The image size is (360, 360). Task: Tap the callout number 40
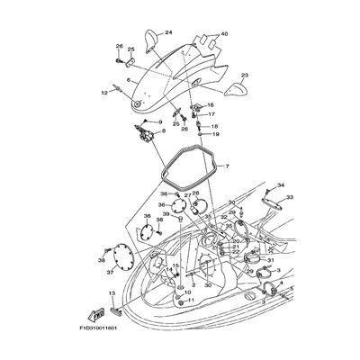point(224,34)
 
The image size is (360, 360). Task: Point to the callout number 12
point(103,92)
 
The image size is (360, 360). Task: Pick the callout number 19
point(215,134)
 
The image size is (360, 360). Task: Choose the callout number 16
point(211,105)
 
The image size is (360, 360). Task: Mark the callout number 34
point(280,184)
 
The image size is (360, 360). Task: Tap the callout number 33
point(290,197)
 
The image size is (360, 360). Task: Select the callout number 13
point(112,294)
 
